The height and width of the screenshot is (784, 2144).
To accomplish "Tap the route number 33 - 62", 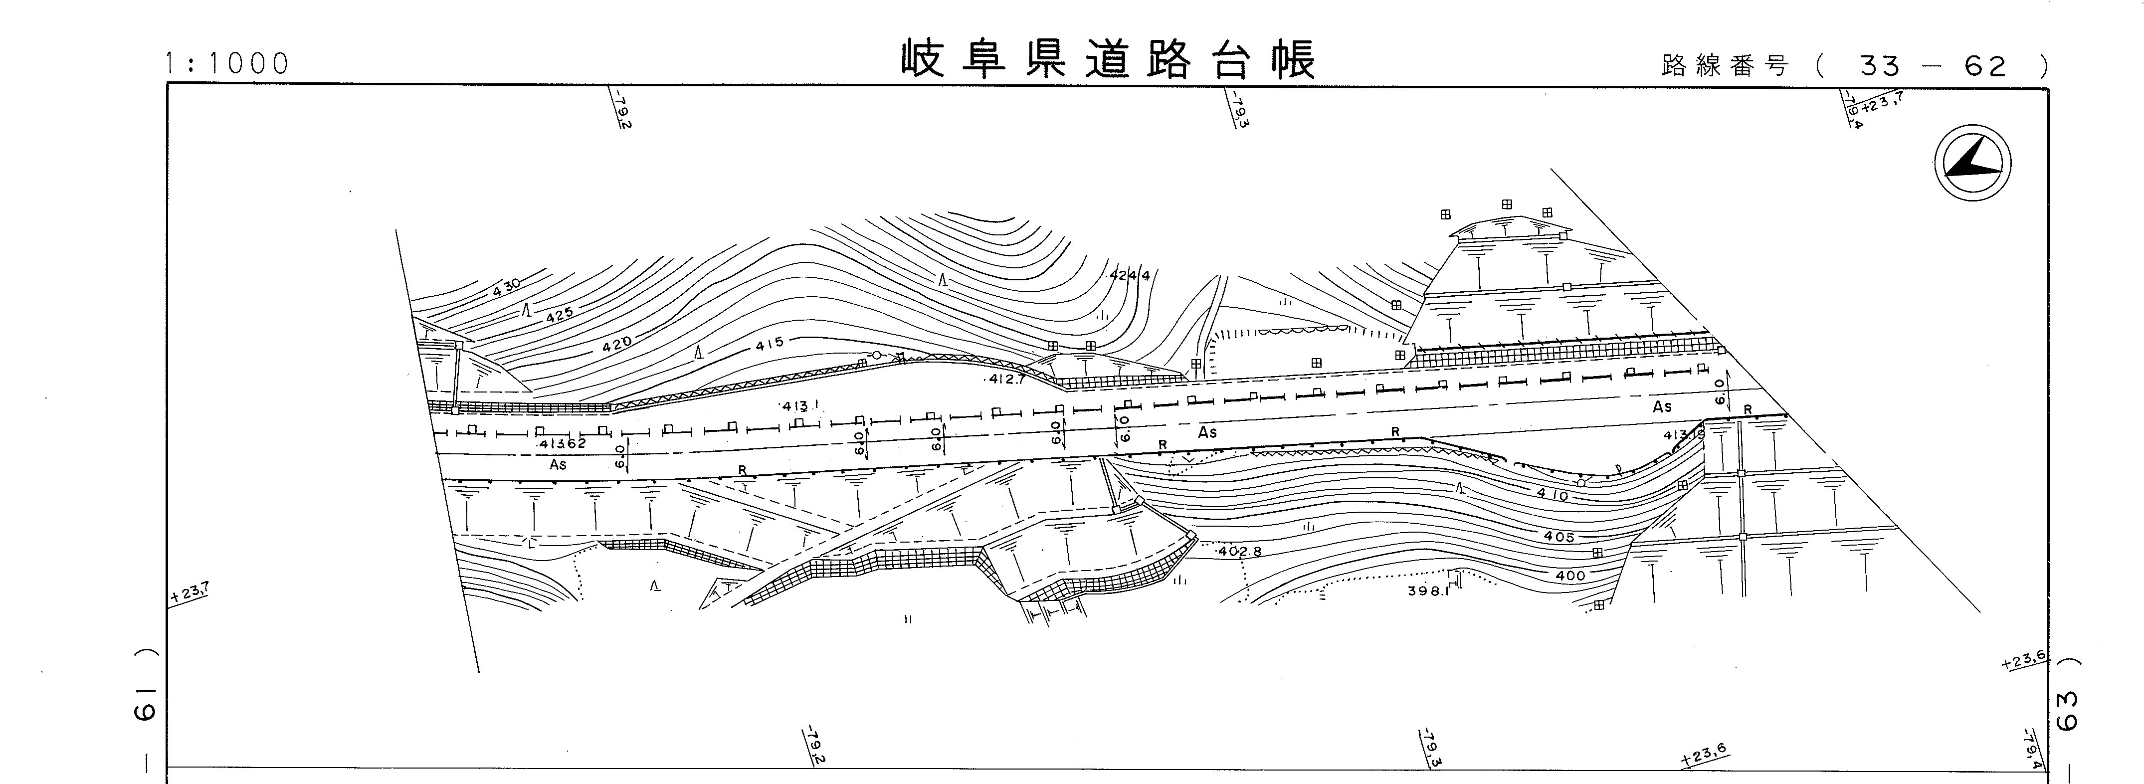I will pyautogui.click(x=1933, y=66).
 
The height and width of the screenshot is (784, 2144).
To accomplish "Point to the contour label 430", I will pyautogui.click(x=506, y=288).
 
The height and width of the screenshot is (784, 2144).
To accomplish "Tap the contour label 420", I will pyautogui.click(x=617, y=341).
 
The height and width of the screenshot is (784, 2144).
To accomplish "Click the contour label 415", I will pyautogui.click(x=770, y=343).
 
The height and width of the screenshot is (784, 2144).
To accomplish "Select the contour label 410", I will pyautogui.click(x=1552, y=494).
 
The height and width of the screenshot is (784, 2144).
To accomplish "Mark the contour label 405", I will pyautogui.click(x=1559, y=537).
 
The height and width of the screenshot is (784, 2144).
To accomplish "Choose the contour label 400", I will pyautogui.click(x=1569, y=575).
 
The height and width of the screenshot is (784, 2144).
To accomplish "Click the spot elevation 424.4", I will pyautogui.click(x=1130, y=275).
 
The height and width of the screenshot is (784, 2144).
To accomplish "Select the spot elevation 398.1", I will pyautogui.click(x=1428, y=591).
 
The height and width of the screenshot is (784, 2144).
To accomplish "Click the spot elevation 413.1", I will pyautogui.click(x=800, y=406).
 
